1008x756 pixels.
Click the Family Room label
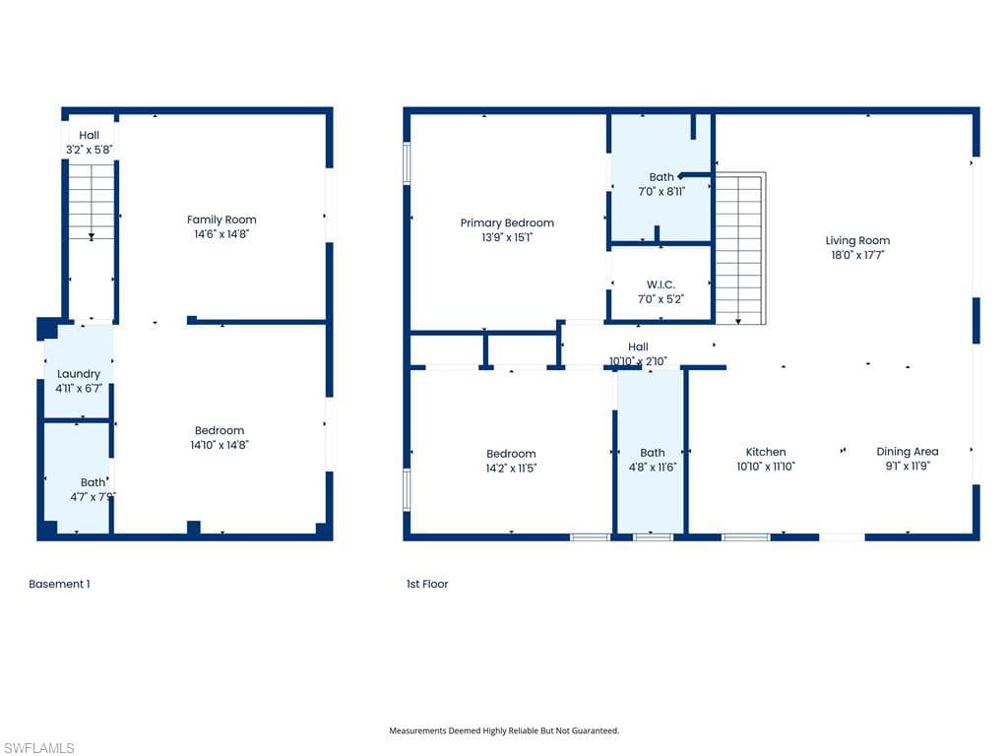click(x=221, y=220)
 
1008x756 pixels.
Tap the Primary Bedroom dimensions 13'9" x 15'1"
click(x=507, y=237)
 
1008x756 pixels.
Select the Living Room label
click(x=857, y=240)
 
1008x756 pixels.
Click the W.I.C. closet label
click(x=661, y=284)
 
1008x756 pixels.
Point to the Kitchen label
click(x=765, y=452)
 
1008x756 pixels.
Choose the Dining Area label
click(x=907, y=452)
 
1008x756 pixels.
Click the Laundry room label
click(x=79, y=374)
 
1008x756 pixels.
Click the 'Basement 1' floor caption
click(x=59, y=584)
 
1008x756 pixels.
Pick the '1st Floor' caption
click(x=427, y=584)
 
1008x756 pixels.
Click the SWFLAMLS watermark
click(x=39, y=748)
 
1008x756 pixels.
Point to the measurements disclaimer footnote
click(x=504, y=730)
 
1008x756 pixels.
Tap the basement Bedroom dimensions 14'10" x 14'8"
click(x=220, y=445)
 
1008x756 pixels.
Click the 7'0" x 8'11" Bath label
click(x=661, y=192)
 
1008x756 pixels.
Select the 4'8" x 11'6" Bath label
click(x=653, y=467)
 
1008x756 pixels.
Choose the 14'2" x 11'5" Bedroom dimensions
click(x=511, y=468)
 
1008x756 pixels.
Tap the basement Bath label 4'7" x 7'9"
click(x=93, y=496)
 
